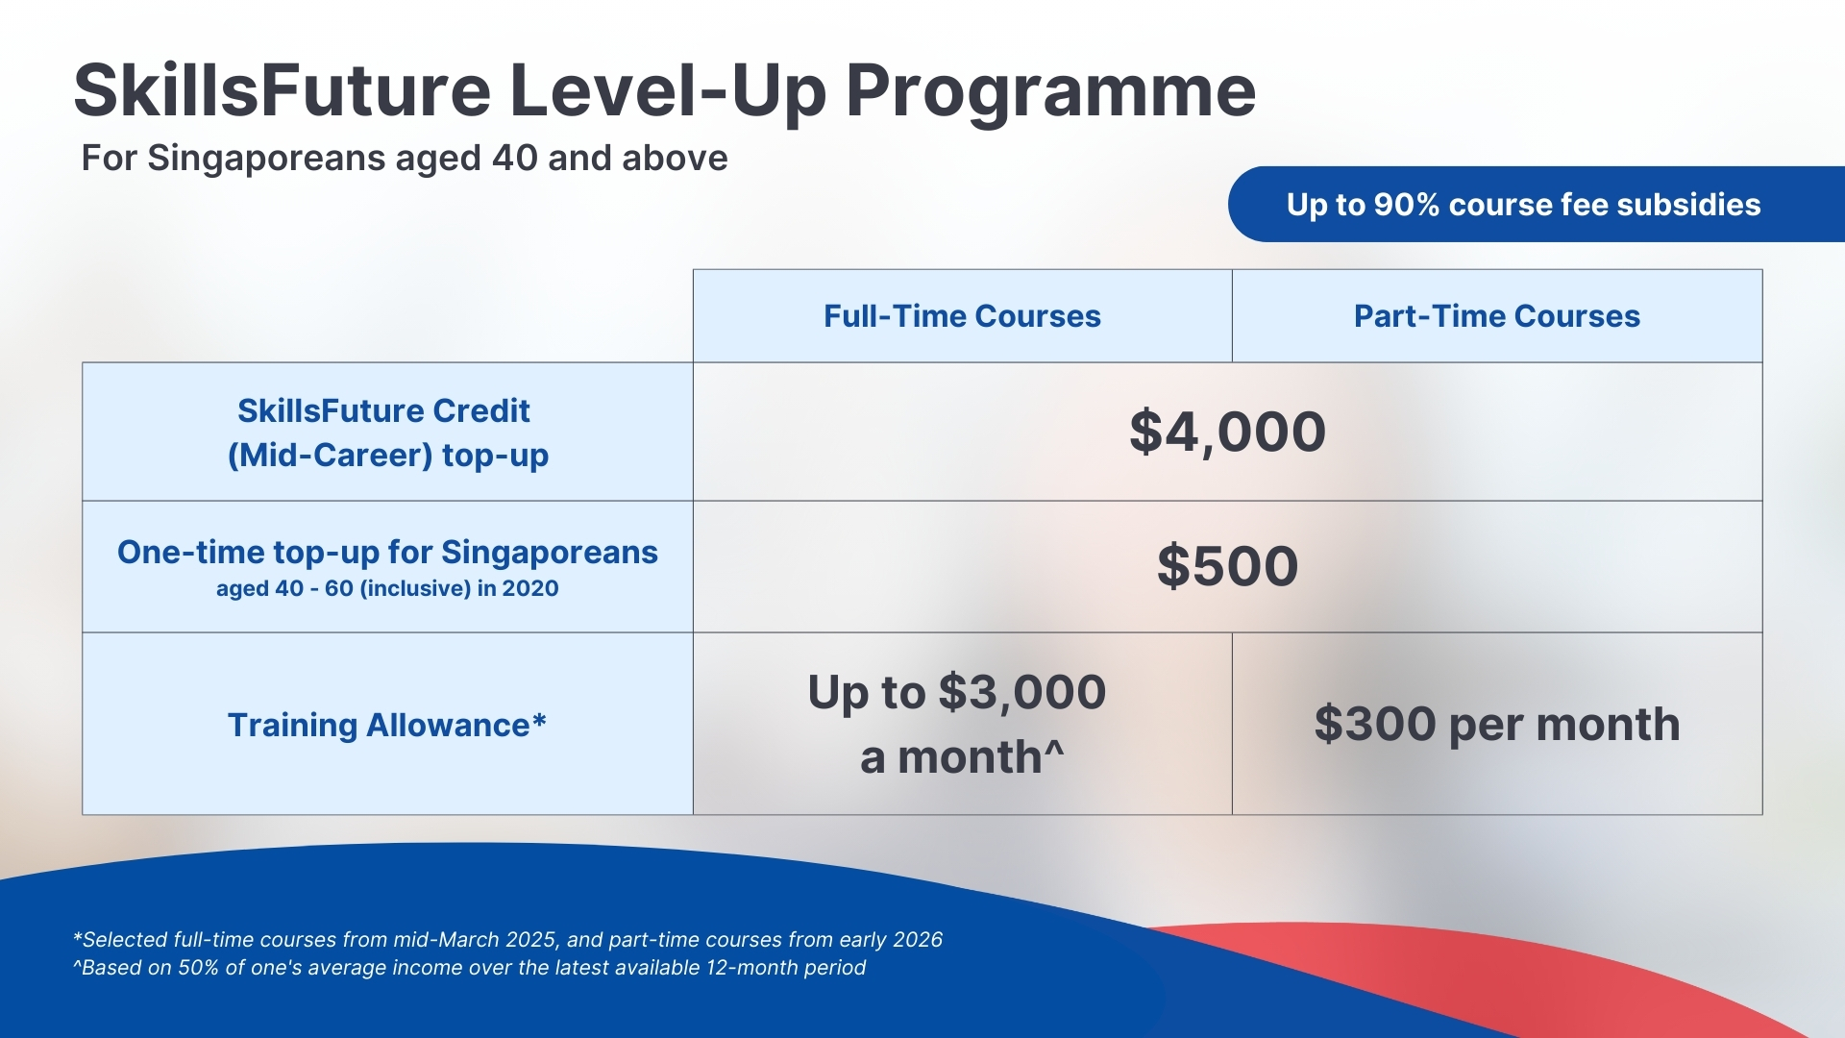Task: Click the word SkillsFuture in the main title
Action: [x=282, y=91]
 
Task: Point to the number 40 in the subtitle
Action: [x=513, y=158]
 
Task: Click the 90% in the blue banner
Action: [x=1406, y=205]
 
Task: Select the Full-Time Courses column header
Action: [x=962, y=316]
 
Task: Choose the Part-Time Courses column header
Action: [x=1496, y=316]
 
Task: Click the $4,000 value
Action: [x=1227, y=432]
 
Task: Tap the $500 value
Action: [x=1227, y=566]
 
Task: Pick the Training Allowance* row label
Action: [x=386, y=725]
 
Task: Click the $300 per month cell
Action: [x=1496, y=725]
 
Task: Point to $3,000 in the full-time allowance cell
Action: [x=1021, y=692]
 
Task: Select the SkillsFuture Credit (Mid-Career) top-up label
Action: [x=386, y=432]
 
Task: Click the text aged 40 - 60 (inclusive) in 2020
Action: [x=386, y=588]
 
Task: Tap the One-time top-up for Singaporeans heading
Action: [x=386, y=552]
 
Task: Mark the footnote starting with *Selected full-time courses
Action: [x=507, y=939]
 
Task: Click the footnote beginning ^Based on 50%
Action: [x=469, y=968]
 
